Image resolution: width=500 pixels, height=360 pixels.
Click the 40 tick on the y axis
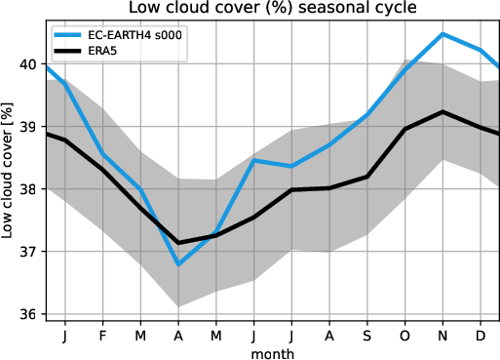(30, 64)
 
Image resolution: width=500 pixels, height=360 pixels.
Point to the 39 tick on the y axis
(30, 127)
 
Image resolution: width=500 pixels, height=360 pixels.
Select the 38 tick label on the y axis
(30, 189)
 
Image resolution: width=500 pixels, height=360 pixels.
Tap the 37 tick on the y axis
(30, 252)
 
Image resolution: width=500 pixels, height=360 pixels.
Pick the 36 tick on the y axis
(30, 314)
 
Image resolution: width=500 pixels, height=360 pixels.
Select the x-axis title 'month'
(272, 352)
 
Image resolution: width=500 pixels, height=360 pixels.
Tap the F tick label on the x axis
(102, 335)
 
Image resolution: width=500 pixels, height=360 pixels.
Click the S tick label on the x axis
(367, 335)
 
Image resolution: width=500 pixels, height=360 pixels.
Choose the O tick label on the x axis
(405, 335)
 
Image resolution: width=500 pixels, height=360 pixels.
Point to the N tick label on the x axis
(443, 335)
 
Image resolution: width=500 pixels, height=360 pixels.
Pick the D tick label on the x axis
(481, 335)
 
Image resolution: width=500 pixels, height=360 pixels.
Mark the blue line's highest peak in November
(443, 34)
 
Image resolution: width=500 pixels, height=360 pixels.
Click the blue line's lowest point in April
(178, 264)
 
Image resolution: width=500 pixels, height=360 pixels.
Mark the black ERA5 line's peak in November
(443, 112)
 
